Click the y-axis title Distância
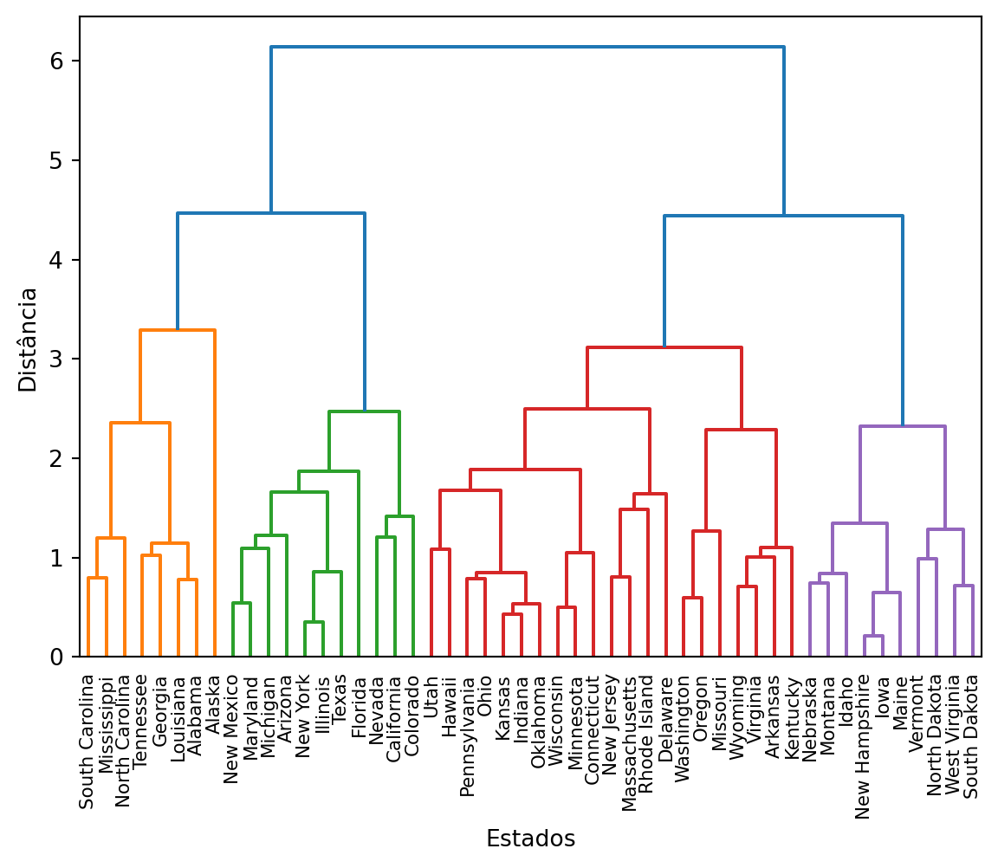point(29,340)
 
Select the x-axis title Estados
point(530,839)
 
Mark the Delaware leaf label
point(665,712)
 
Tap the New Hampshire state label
point(863,746)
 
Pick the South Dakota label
point(971,736)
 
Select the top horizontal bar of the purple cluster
point(902,426)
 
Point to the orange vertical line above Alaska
point(214,494)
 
